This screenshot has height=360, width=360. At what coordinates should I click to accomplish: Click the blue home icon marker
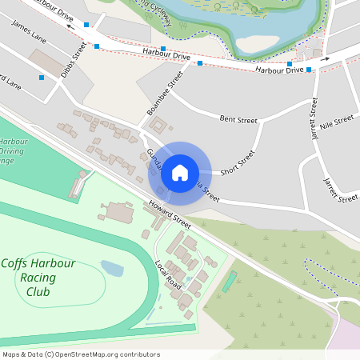point(179,173)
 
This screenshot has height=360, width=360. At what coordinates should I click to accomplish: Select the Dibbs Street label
point(73,61)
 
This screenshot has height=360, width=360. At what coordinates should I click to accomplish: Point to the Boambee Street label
point(166,93)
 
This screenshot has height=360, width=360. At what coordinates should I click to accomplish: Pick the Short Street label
point(237,162)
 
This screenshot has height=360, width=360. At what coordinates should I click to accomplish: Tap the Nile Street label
point(335,122)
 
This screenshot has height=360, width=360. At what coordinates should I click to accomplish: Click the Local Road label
point(169,276)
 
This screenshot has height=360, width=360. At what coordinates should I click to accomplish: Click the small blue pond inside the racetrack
point(113,268)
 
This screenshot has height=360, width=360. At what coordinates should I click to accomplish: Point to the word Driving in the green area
point(13,150)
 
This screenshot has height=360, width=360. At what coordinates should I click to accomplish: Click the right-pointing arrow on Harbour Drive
point(325,58)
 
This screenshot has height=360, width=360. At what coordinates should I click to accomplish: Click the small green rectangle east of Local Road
point(230,281)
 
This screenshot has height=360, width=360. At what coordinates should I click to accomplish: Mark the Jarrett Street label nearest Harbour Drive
point(313,118)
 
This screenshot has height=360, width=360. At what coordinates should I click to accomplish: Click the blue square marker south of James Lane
point(42,78)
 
